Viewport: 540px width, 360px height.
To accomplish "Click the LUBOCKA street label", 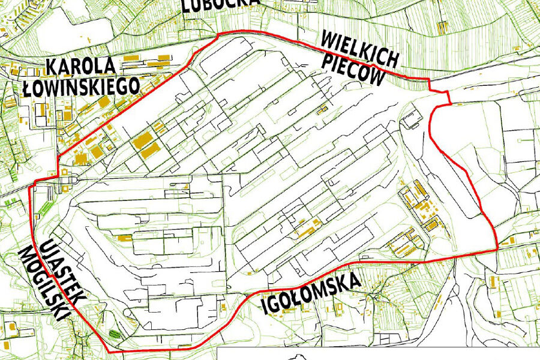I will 221,5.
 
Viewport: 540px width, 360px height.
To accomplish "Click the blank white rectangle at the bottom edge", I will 378,354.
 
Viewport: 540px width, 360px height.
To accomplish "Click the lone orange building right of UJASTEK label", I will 124,238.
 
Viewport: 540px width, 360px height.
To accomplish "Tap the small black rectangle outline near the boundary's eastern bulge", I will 412,122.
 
